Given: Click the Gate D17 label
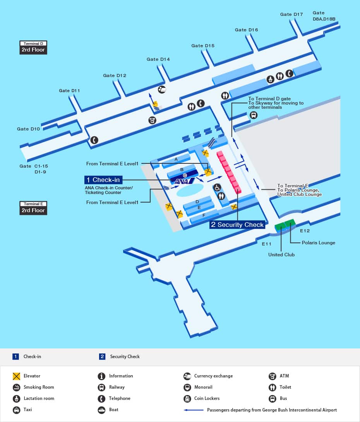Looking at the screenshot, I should (291, 14).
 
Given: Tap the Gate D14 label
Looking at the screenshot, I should (158, 59).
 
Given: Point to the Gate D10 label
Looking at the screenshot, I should (28, 129).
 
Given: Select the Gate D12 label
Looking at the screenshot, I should (115, 75).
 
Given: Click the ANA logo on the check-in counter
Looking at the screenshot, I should (182, 181).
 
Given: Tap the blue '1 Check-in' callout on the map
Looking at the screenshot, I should (103, 180).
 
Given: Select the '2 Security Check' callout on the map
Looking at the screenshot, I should (237, 225).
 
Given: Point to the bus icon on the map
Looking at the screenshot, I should (254, 115).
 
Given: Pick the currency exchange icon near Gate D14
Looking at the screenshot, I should (162, 90).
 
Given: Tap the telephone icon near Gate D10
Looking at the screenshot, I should (94, 140).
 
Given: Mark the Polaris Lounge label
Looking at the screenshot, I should (319, 243).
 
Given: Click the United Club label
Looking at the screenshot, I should (281, 255).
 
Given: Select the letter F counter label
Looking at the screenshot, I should (204, 215).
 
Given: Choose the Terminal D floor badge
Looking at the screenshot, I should (33, 47).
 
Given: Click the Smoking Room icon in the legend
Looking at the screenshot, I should (16, 387).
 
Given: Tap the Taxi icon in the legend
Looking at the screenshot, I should (16, 410).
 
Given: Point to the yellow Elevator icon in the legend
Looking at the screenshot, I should (16, 376).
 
